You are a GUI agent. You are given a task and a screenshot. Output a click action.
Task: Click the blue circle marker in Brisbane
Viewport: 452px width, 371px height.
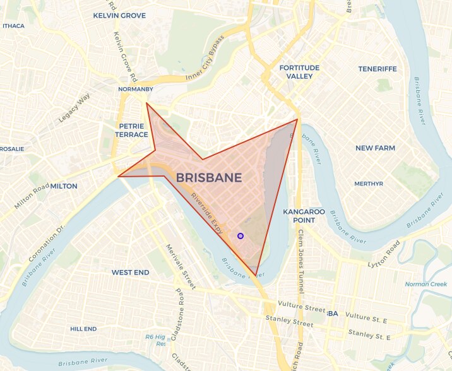(240, 236)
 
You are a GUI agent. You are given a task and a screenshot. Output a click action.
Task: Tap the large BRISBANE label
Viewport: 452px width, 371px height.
(209, 178)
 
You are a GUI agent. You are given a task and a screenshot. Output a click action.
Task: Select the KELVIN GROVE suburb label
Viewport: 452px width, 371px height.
(119, 15)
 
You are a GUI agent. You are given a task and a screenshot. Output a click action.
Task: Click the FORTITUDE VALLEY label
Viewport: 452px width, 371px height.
(299, 72)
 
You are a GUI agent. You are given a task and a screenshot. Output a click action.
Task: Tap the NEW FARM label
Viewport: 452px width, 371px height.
(375, 148)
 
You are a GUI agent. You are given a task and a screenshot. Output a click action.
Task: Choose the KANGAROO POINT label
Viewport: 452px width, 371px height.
(304, 215)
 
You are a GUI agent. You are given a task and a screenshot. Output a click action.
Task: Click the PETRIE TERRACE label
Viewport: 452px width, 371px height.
(133, 130)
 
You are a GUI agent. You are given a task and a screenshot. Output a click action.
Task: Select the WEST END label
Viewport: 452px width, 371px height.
(130, 273)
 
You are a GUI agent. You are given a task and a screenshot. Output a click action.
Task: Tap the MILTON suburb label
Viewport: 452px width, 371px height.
(63, 186)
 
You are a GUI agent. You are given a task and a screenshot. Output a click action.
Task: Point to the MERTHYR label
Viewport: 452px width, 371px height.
(369, 184)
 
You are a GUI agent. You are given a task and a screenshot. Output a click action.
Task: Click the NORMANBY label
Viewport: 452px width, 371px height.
(136, 90)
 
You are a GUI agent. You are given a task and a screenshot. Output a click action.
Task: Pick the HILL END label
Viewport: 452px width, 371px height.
(83, 329)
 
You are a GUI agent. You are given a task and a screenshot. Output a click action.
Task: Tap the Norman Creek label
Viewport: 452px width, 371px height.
(426, 284)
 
